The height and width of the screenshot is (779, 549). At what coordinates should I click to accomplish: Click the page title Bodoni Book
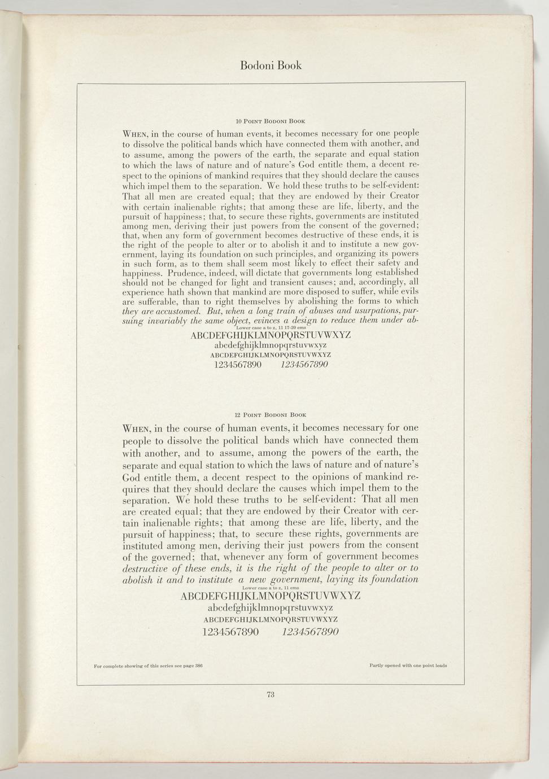(x=271, y=65)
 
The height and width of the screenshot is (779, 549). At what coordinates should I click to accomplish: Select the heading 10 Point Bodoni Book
(x=271, y=121)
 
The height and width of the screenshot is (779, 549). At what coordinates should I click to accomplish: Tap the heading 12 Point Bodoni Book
(x=271, y=414)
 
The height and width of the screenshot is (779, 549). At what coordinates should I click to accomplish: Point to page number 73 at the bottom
(x=271, y=695)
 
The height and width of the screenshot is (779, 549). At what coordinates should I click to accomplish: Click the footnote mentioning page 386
(x=149, y=666)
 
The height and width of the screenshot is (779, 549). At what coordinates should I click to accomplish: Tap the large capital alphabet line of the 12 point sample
(x=270, y=596)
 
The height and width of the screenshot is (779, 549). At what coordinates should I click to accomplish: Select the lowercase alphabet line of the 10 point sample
(x=271, y=345)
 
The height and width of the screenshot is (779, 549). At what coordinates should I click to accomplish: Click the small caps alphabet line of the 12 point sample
(x=270, y=619)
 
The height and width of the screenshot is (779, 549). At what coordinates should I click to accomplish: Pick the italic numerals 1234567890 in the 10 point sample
(x=304, y=365)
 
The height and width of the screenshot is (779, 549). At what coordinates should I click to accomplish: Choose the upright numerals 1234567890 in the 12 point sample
(x=230, y=632)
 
